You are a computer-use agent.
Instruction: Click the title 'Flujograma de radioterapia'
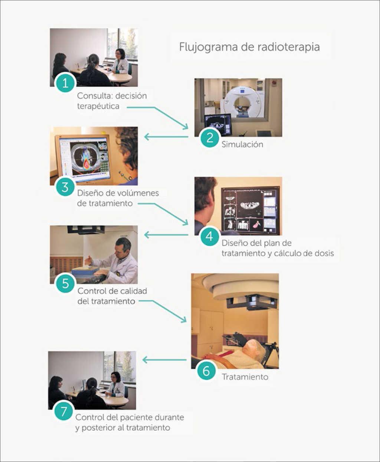pyautogui.click(x=249, y=47)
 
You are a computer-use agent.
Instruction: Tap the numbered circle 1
pyautogui.click(x=65, y=83)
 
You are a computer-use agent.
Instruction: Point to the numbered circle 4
pyautogui.click(x=210, y=236)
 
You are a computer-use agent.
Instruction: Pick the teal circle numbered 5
pyautogui.click(x=65, y=283)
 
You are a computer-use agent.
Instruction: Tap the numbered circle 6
pyautogui.click(x=206, y=371)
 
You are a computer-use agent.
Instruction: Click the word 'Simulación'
pyautogui.click(x=242, y=144)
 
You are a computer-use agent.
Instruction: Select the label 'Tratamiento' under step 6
pyautogui.click(x=245, y=377)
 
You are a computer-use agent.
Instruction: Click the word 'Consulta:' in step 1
pyautogui.click(x=95, y=96)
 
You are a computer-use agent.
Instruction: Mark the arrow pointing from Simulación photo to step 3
pyautogui.click(x=166, y=137)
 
